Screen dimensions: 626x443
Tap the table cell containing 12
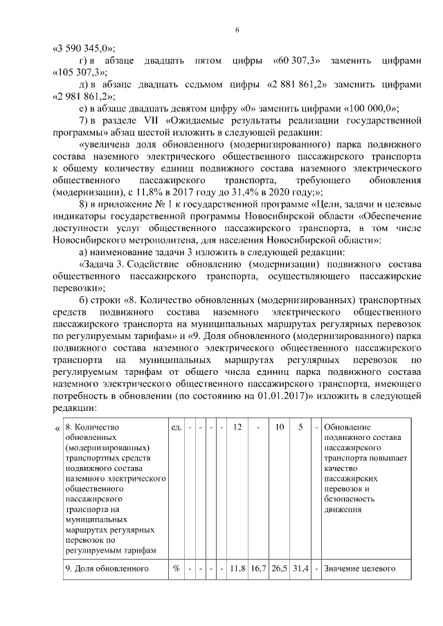[237, 427]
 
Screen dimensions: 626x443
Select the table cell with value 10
[280, 427]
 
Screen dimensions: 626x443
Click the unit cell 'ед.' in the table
[177, 427]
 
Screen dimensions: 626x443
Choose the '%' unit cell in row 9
[177, 569]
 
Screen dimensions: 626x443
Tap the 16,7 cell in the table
[258, 569]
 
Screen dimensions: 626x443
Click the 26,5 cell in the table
[280, 569]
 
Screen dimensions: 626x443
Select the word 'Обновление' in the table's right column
[347, 427]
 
